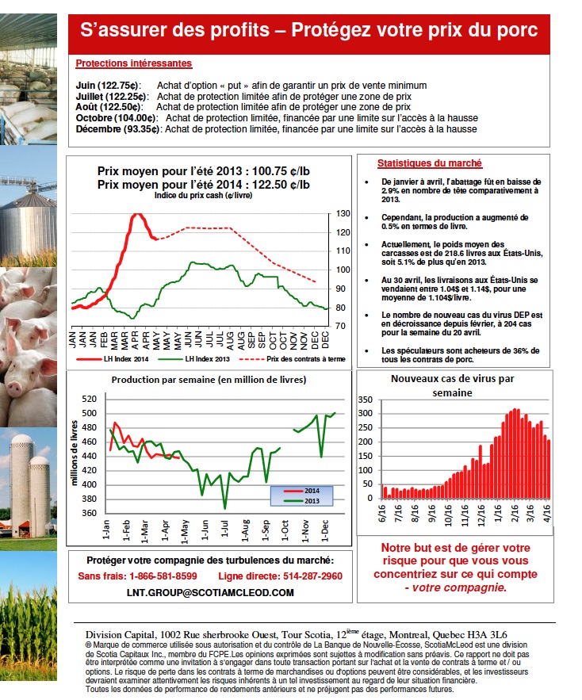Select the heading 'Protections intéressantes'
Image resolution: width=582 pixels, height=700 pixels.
133,63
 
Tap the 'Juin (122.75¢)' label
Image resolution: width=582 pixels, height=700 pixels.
108,85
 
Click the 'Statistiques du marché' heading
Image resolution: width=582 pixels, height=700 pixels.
429,163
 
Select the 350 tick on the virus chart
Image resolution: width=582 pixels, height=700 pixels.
366,400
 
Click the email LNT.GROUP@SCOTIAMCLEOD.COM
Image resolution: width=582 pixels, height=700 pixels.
210,592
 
